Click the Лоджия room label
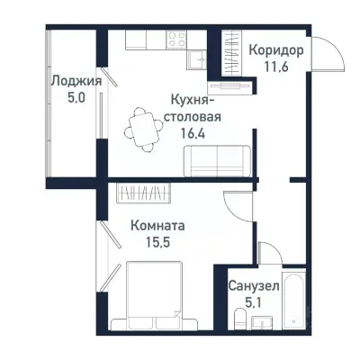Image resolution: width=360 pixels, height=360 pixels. (x=75, y=81)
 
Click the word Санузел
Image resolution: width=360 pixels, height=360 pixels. (x=253, y=285)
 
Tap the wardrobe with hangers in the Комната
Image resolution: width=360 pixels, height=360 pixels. (x=143, y=193)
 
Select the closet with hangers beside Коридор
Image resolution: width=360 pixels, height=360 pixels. (x=220, y=56)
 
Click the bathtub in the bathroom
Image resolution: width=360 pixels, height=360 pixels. (x=293, y=305)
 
